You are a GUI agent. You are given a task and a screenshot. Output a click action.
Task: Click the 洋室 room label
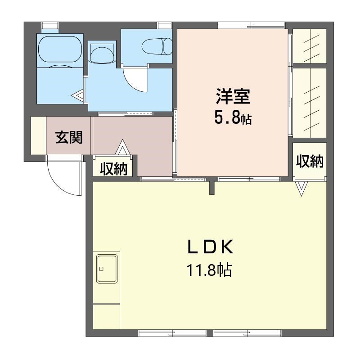[x=232, y=97]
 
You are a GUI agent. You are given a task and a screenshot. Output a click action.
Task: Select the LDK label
[x=210, y=247]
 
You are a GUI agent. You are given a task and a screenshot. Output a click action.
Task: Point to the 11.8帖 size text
[x=210, y=270]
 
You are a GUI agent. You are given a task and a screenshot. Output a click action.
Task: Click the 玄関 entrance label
[x=69, y=137]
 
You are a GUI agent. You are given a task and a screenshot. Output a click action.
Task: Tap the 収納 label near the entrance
[x=113, y=169]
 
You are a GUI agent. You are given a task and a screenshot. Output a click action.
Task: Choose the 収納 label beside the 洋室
[x=310, y=161]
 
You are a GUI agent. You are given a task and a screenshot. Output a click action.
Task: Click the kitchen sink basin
[x=107, y=269]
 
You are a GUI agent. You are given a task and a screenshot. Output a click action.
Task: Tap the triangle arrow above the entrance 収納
[x=121, y=147]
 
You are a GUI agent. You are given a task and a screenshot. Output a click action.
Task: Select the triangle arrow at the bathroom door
[x=79, y=95]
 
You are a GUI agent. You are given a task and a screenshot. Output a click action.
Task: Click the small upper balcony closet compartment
[x=310, y=46]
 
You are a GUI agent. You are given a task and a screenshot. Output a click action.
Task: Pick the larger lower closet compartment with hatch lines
[x=310, y=101]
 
